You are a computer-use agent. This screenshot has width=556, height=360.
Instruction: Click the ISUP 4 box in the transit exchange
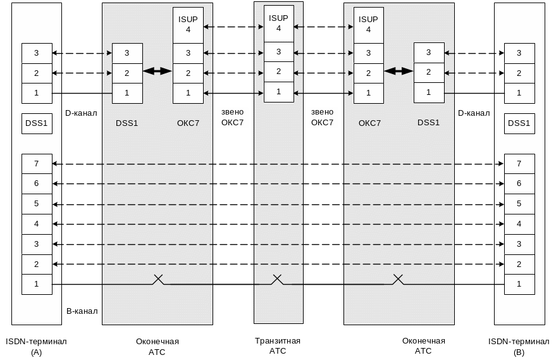click(x=278, y=23)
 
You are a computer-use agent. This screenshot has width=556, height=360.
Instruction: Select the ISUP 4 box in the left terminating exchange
click(x=188, y=24)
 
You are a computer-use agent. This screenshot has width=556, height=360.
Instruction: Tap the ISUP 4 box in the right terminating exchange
click(x=368, y=24)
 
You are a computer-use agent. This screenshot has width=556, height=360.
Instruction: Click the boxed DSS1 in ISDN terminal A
click(x=37, y=123)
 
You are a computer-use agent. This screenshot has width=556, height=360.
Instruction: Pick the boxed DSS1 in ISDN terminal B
click(x=519, y=123)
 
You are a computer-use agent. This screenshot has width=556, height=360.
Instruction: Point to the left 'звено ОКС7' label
click(x=232, y=117)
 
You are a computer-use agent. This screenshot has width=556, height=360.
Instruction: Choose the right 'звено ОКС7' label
click(x=322, y=117)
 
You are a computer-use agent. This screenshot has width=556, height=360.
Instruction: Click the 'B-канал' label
click(x=82, y=311)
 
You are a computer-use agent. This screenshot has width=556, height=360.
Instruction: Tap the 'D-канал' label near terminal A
click(x=81, y=113)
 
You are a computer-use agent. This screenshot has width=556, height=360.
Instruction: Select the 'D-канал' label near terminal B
click(x=474, y=113)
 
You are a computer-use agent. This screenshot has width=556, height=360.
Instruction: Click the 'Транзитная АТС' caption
click(x=278, y=345)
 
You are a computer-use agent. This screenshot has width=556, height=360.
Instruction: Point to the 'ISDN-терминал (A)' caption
click(x=36, y=347)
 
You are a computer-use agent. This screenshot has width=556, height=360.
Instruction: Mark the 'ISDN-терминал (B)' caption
click(x=519, y=347)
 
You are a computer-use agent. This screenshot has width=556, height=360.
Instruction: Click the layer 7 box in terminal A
click(x=37, y=164)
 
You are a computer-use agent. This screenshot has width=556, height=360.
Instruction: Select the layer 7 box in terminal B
click(x=519, y=164)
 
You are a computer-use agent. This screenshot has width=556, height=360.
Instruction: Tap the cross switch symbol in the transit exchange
click(x=277, y=279)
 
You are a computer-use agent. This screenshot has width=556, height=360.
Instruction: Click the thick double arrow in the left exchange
click(x=158, y=71)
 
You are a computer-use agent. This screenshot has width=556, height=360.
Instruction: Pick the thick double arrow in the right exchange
click(x=398, y=71)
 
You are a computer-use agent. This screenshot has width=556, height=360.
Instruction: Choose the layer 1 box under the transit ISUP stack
click(x=278, y=92)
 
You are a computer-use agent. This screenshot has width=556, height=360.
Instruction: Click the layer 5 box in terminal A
click(x=37, y=204)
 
